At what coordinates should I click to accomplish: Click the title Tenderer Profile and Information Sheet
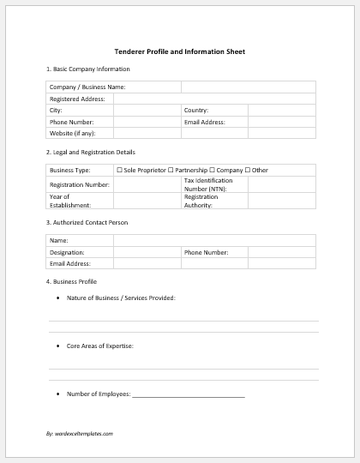click(x=179, y=51)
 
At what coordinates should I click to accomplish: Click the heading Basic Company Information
click(x=90, y=69)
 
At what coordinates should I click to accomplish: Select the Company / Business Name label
click(x=87, y=87)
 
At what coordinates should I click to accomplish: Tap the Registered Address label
click(x=77, y=99)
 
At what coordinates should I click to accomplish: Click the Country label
click(x=196, y=111)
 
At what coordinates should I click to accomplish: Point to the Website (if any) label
click(x=73, y=133)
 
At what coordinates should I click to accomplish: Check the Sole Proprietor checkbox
click(x=119, y=171)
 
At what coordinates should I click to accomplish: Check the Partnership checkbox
click(x=171, y=171)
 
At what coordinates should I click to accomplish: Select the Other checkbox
click(x=248, y=171)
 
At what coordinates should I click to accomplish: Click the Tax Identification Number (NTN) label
click(x=208, y=184)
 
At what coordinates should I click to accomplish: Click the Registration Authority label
click(x=201, y=201)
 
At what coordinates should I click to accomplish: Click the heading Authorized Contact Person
click(x=89, y=223)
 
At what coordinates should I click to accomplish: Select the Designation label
click(x=68, y=253)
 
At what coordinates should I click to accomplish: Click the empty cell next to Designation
click(x=147, y=253)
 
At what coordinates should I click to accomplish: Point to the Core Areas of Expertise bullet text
click(x=100, y=346)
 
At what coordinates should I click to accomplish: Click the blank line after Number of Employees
click(x=189, y=394)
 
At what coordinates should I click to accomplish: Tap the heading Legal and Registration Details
click(x=93, y=152)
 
